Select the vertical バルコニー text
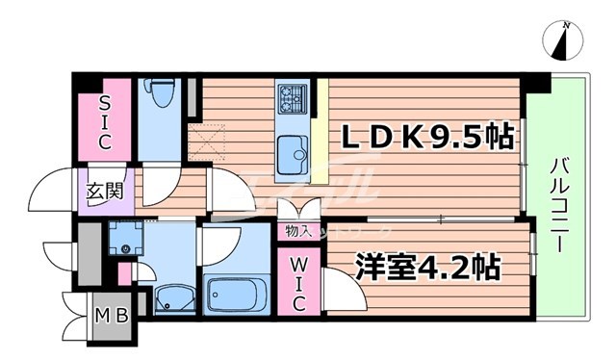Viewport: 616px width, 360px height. [x=557, y=207]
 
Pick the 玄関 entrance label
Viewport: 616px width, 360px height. [x=106, y=190]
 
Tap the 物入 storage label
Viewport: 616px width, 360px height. [x=297, y=231]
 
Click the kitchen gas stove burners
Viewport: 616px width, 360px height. [x=292, y=97]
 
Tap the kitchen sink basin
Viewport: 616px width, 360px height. [x=290, y=152]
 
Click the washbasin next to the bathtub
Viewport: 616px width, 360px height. [x=169, y=298]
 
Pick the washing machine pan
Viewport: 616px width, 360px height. [x=124, y=238]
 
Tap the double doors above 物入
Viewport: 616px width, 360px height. [x=296, y=210]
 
